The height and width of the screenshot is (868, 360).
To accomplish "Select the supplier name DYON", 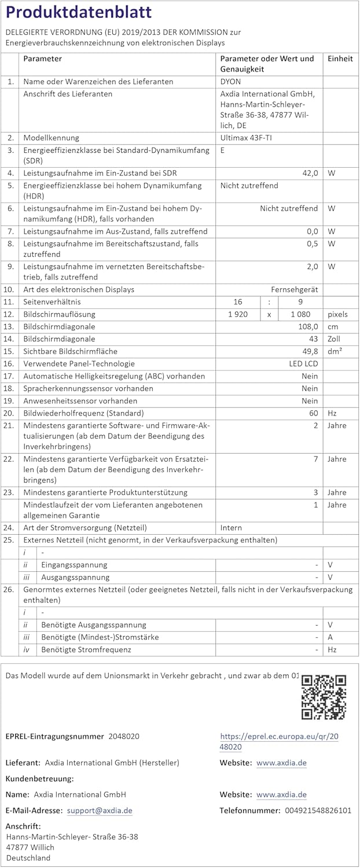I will pos(230,82).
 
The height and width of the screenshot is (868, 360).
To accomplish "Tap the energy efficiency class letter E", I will pos(223,150).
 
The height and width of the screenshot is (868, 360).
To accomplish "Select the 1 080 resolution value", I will pos(300,314).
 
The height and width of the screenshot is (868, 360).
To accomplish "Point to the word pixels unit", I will pos(337,314).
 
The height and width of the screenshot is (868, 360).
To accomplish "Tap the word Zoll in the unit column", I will pos(335,339).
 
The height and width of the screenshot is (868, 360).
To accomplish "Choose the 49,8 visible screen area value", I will pos(310,351).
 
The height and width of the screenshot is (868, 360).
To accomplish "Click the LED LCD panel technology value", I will pos(303,363).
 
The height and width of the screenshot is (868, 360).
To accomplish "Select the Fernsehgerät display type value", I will pos(295,289).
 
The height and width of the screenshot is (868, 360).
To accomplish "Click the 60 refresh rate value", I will pos(313,413).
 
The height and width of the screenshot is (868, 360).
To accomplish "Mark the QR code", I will pos(324,697).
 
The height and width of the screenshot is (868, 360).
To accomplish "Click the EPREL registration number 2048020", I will pos(124,737).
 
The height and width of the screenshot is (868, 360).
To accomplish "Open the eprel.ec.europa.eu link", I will pos(279,741).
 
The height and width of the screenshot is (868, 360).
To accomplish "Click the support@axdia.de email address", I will pos(100,811).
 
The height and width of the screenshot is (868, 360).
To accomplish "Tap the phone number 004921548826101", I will pos(318,811).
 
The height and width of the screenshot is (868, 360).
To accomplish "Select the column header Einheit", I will pos(340,58).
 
